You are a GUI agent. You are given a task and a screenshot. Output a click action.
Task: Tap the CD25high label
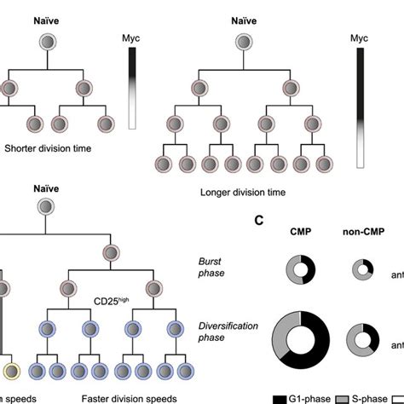pyautogui.click(x=113, y=301)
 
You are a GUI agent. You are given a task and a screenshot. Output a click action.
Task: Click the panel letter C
pyautogui.click(x=258, y=220)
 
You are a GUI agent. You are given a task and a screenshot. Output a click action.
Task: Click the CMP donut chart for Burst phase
pyautogui.click(x=299, y=270)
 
